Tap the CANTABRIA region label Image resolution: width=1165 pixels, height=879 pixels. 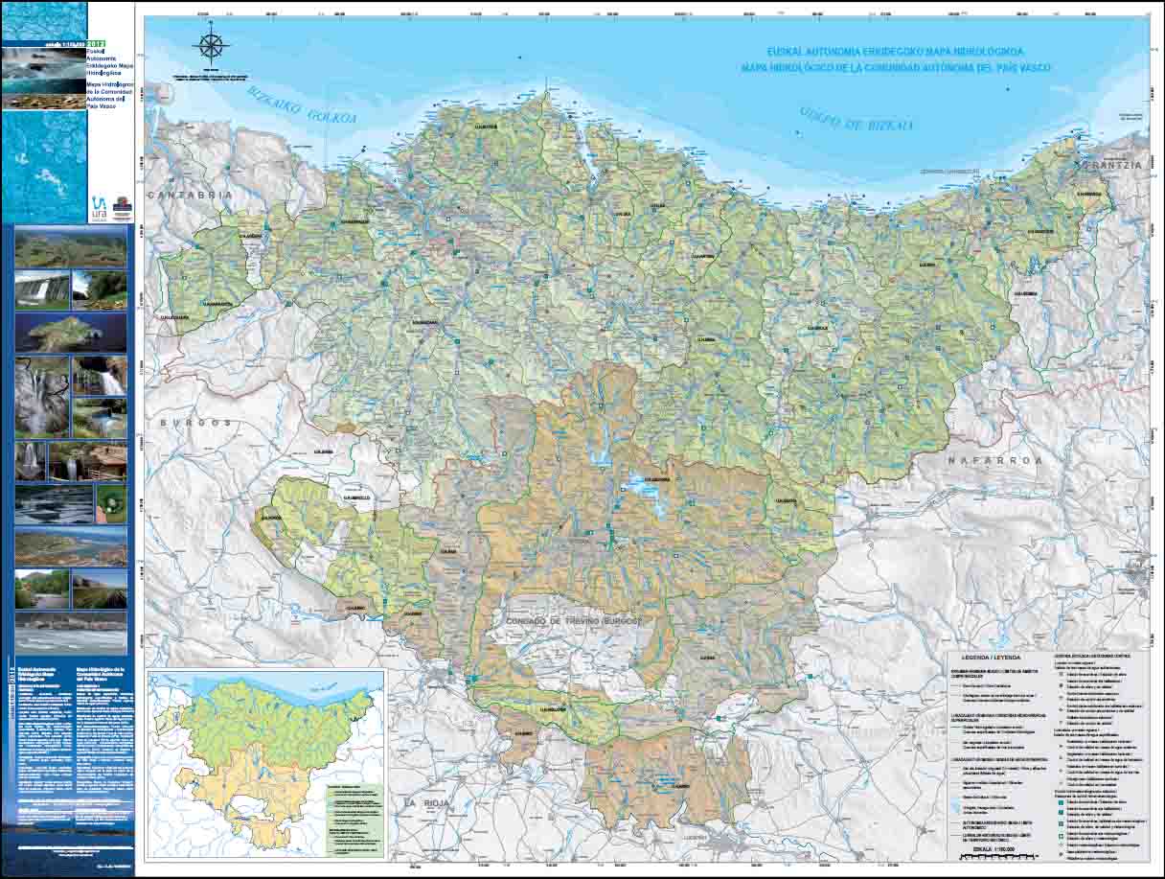[x=190, y=194]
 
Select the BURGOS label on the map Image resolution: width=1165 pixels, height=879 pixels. [x=196, y=422]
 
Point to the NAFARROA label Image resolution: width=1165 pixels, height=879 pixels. [x=994, y=460]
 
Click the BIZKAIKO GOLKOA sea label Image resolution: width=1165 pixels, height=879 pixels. [x=301, y=106]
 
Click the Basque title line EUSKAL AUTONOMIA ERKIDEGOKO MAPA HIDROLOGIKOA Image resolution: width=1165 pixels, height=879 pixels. [x=896, y=52]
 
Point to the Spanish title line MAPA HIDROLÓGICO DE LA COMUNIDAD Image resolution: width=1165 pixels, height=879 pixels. [x=896, y=68]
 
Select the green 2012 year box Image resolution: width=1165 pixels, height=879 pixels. [x=97, y=43]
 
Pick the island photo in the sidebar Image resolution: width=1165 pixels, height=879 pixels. [x=70, y=332]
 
